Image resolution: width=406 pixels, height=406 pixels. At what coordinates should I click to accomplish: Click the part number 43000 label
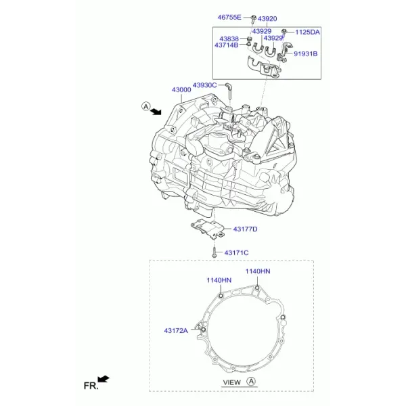click(x=181, y=90)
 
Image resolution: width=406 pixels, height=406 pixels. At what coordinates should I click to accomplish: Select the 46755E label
click(x=229, y=18)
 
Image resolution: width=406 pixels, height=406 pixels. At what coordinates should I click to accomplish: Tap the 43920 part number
click(x=267, y=19)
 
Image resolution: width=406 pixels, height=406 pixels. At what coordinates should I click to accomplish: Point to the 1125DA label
click(x=308, y=32)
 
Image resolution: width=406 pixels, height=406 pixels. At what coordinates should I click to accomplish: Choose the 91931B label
click(x=306, y=54)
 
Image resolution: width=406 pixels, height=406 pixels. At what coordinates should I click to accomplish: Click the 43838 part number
click(x=229, y=39)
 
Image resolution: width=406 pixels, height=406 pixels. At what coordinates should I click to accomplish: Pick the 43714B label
click(x=226, y=45)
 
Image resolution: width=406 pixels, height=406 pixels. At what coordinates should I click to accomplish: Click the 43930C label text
click(x=204, y=85)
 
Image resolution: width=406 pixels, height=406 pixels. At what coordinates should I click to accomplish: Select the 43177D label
click(x=245, y=229)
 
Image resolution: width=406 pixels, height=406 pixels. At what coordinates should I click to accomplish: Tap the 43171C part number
click(x=236, y=252)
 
